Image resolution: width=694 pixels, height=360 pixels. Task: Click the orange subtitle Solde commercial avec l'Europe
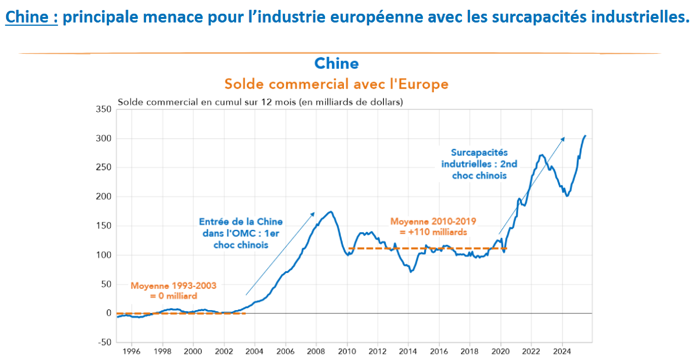tap(336, 84)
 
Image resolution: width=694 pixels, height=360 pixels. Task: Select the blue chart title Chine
tap(336, 63)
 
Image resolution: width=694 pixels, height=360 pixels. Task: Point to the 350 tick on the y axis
tap(103, 109)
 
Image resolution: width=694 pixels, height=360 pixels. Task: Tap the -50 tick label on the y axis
tap(105, 342)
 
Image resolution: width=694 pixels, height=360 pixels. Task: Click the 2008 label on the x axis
tap(316, 352)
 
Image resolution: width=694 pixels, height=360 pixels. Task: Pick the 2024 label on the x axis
tap(562, 352)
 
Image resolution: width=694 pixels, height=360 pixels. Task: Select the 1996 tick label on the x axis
tap(131, 352)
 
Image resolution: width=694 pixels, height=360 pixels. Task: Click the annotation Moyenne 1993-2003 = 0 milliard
tap(174, 291)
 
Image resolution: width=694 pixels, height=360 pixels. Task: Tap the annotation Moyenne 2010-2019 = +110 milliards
tap(433, 227)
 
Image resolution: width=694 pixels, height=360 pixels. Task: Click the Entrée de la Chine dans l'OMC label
tap(241, 233)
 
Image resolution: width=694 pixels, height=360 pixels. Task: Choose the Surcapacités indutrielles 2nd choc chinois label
tap(479, 164)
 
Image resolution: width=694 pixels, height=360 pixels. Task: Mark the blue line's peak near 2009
tap(331, 212)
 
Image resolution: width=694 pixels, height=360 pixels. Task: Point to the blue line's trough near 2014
tap(411, 271)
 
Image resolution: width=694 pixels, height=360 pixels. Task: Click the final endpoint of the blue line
tap(585, 136)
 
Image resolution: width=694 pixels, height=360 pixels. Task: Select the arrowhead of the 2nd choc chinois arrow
tap(563, 138)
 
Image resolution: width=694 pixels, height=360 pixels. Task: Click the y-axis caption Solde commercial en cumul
tap(260, 102)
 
